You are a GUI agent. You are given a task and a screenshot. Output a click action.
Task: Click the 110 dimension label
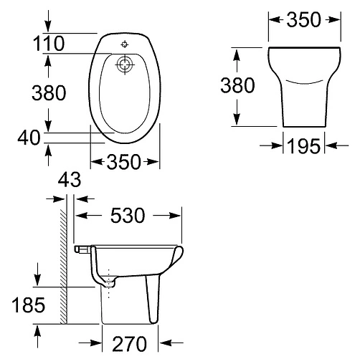pyautogui.click(x=48, y=44)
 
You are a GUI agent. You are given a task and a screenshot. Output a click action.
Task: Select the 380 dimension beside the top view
pyautogui.click(x=48, y=92)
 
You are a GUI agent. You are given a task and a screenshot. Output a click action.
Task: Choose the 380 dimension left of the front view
pyautogui.click(x=237, y=85)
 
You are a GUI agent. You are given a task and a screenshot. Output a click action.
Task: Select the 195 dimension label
pyautogui.click(x=303, y=146)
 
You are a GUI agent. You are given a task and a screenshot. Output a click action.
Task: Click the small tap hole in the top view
pyautogui.click(x=125, y=44)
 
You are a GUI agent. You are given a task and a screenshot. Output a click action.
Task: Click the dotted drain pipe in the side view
pyautogui.click(x=109, y=282)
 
